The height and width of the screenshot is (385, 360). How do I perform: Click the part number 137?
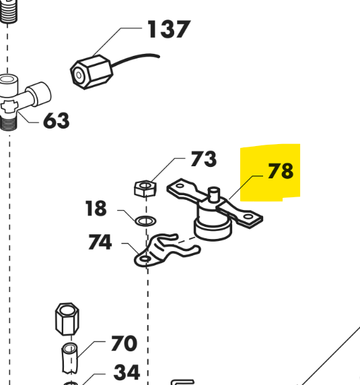click(x=169, y=29)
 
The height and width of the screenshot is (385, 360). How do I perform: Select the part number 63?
click(x=57, y=120)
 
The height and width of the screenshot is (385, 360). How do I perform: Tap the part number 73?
click(x=204, y=159)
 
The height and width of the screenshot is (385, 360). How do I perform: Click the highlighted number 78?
click(x=281, y=171)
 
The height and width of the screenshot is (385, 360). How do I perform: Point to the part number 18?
click(x=96, y=208)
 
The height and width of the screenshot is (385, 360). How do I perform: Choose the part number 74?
click(x=100, y=242)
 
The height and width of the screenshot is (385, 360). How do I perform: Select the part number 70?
click(x=124, y=343)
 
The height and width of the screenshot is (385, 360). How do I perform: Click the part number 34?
click(x=127, y=372)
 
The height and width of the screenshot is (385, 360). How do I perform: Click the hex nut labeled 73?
click(x=145, y=188)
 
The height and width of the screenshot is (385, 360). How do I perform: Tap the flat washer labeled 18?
click(x=146, y=221)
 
